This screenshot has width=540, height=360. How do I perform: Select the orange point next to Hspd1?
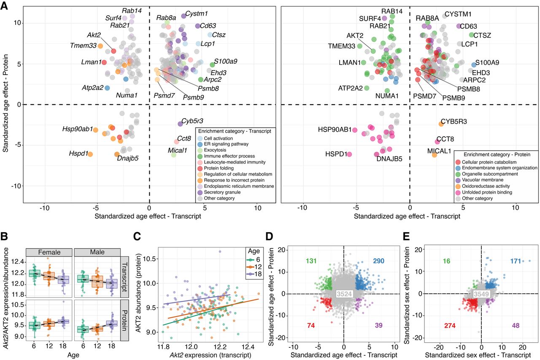pyautogui.click(x=90, y=154)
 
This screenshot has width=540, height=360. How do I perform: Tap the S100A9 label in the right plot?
pyautogui.click(x=487, y=63)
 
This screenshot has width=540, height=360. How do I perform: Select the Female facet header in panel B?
pyautogui.click(x=49, y=252)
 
